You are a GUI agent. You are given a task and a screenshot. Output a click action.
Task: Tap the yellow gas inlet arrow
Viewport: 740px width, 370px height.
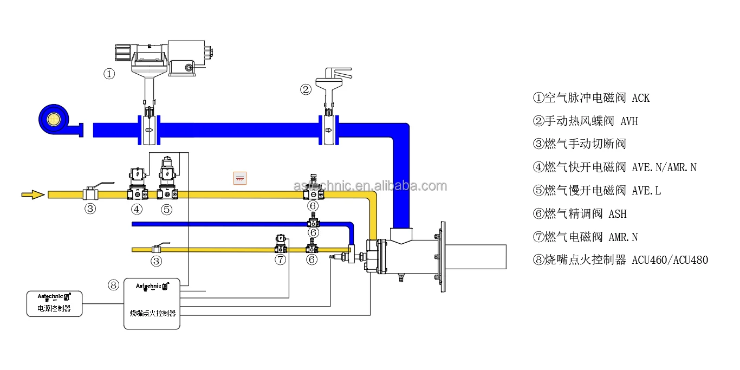[33, 194]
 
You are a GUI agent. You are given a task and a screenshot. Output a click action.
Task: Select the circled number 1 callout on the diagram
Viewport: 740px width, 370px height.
[109, 74]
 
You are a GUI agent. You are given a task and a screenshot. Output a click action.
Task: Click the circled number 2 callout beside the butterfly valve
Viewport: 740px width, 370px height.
[306, 89]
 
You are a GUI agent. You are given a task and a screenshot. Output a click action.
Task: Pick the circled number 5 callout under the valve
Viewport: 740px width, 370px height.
[166, 209]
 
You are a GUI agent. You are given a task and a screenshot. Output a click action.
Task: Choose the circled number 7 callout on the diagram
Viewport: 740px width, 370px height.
[280, 259]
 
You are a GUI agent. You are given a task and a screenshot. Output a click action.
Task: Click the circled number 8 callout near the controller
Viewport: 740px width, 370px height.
[113, 285]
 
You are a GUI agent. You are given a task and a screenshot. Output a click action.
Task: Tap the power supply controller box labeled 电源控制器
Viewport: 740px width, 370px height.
[54, 303]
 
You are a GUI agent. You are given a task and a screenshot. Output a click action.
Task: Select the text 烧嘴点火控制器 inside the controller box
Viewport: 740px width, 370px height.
[152, 313]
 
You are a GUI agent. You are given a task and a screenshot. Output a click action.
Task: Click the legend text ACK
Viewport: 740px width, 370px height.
[640, 98]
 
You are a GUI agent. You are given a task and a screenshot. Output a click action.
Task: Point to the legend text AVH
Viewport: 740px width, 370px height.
[629, 121]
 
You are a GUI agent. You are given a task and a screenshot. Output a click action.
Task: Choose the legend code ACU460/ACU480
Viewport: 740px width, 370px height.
[670, 260]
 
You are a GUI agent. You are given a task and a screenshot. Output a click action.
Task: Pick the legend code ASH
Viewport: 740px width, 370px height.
[617, 214]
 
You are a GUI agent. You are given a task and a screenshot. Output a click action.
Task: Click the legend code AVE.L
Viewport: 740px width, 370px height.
[646, 191]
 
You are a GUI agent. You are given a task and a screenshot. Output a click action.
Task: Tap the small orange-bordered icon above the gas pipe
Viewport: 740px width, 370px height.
[239, 178]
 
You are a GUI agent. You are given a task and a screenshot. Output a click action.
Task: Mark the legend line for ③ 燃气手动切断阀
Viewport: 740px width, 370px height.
[579, 144]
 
